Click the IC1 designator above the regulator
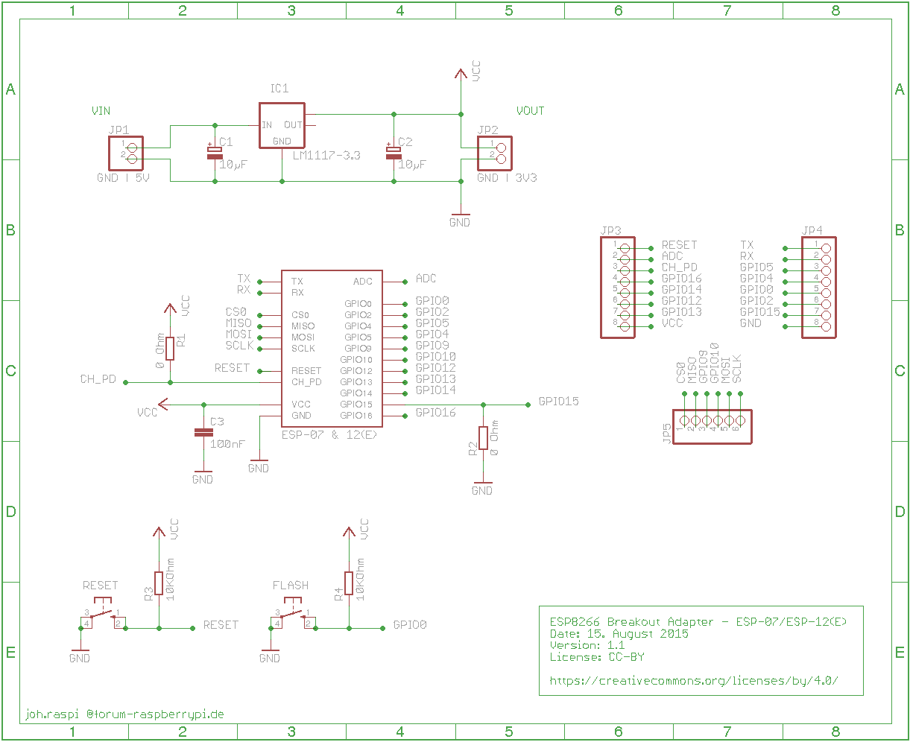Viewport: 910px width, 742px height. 279,89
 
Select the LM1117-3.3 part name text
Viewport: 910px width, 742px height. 326,155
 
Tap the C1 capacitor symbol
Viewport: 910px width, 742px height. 215,153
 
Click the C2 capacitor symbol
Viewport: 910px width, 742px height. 394,153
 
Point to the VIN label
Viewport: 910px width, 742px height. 101,111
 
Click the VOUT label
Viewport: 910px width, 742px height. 531,111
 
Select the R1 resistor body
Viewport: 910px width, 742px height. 170,349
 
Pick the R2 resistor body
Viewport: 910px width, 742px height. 483,438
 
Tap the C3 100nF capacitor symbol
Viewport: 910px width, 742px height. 203,433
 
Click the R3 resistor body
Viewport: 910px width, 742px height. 159,583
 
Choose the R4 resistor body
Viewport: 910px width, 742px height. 349,583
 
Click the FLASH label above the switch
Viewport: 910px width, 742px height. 291,586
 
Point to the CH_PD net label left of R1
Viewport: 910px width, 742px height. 98,379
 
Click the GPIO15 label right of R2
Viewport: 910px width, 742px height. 558,402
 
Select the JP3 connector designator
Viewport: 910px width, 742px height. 610,230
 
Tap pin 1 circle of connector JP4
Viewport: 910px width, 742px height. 827,249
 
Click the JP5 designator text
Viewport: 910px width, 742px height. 666,434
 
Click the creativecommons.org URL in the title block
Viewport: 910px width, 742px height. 694,681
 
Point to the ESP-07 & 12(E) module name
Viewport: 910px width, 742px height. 329,435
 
